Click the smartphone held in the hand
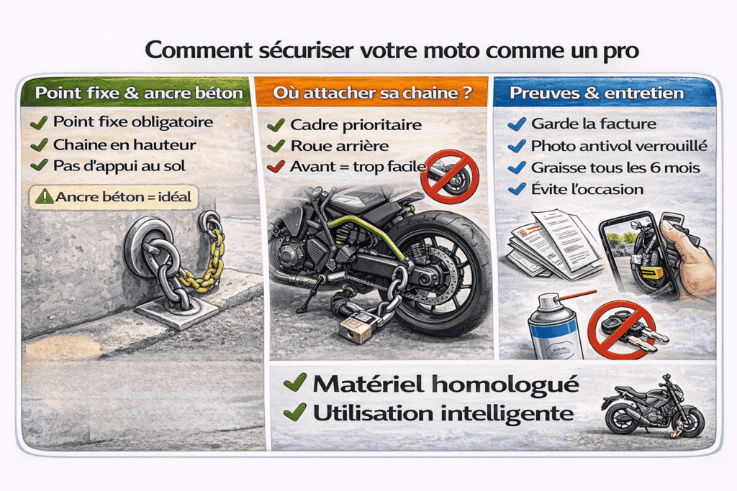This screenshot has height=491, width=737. click(x=638, y=252)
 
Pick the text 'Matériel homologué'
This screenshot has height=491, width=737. click(x=446, y=385)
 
